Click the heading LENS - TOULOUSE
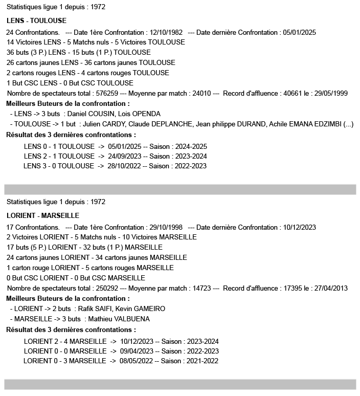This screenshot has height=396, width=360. pyautogui.click(x=37, y=21)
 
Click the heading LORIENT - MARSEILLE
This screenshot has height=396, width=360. pyautogui.click(x=43, y=216)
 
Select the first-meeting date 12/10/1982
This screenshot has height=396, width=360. pyautogui.click(x=165, y=32)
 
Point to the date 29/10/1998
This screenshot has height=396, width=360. pyautogui.click(x=165, y=227)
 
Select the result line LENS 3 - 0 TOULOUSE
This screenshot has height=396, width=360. pyautogui.click(x=59, y=166)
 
